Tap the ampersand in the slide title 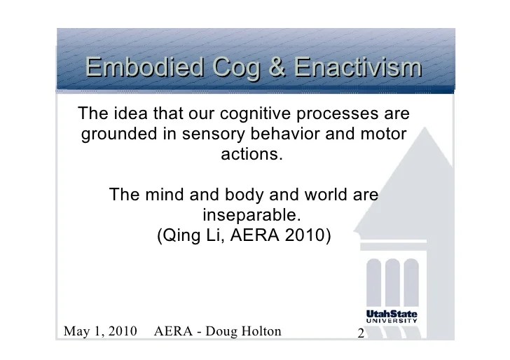click(x=277, y=67)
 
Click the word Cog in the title click(x=237, y=69)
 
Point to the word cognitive click(x=255, y=113)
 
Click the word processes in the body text click(x=337, y=115)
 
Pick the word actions click(x=251, y=154)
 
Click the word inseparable click(x=251, y=215)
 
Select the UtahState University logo click(x=392, y=317)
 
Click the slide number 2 click(x=361, y=333)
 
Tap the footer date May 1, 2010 click(x=100, y=331)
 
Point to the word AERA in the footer click(x=173, y=331)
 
